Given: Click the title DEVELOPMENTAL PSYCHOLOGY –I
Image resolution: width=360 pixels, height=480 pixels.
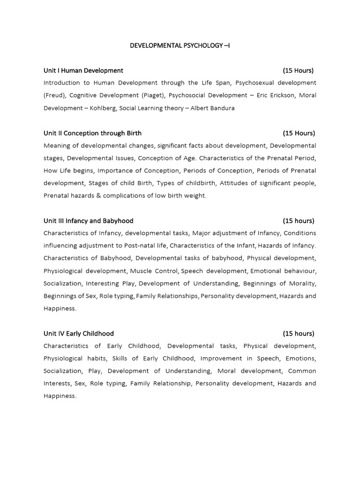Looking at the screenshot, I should pyautogui.click(x=180, y=45).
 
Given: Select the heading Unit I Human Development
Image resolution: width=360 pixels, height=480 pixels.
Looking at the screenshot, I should pyautogui.click(x=83, y=70).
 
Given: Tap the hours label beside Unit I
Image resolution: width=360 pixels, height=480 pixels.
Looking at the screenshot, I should pyautogui.click(x=298, y=70).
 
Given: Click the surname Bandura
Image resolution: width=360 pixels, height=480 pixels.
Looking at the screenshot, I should pyautogui.click(x=221, y=108).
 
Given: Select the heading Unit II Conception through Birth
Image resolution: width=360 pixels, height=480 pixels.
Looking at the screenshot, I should pyautogui.click(x=92, y=133).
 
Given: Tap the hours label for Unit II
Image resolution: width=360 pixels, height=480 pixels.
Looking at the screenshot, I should pyautogui.click(x=299, y=133).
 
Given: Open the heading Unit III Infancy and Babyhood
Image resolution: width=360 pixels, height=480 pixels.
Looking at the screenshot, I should pyautogui.click(x=88, y=221).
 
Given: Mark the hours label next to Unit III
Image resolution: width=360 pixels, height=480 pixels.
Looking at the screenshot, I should pyautogui.click(x=298, y=221).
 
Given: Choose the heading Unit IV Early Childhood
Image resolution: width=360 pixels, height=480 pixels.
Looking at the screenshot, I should pyautogui.click(x=79, y=333).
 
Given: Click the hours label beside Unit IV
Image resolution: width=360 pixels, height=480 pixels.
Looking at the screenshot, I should pyautogui.click(x=298, y=333).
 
